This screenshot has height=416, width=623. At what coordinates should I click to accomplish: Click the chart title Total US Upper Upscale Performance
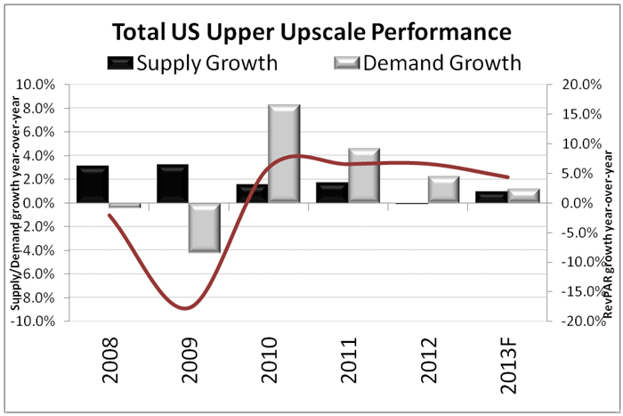311,32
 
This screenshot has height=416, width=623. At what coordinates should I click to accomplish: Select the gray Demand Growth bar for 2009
204,227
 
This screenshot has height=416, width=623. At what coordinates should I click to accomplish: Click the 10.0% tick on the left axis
50,85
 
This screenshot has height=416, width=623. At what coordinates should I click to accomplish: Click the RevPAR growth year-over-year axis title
610,203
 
